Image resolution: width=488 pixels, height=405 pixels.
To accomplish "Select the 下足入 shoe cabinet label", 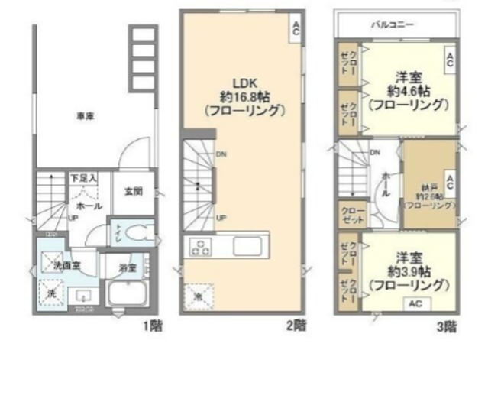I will (x=83, y=178).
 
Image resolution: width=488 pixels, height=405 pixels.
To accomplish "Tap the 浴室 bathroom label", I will (x=128, y=268).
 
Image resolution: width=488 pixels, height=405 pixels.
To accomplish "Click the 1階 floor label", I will (x=152, y=326).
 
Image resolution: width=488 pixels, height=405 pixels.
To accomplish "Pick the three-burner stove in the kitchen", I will (x=200, y=247).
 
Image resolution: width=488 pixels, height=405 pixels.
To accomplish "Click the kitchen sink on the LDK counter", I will (x=248, y=247).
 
